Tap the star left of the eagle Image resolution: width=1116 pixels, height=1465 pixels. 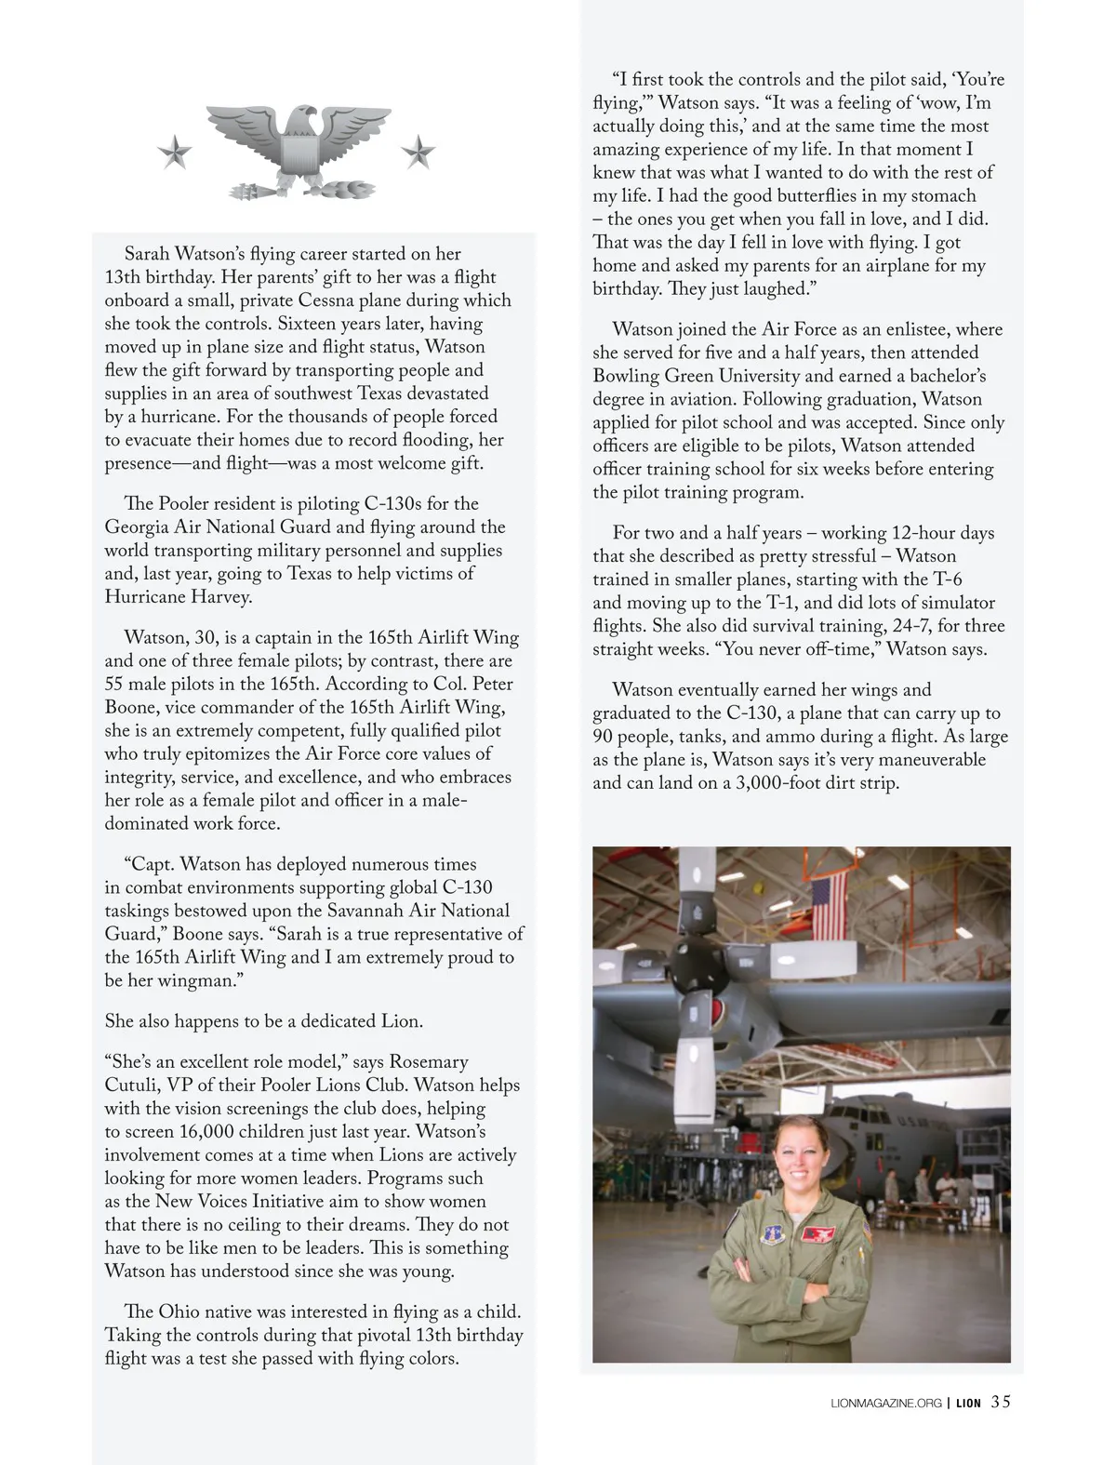click(174, 151)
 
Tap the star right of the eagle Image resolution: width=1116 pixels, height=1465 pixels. click(418, 151)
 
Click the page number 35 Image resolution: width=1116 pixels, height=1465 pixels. click(1000, 1402)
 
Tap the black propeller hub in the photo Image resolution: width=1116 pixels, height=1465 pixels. click(710, 983)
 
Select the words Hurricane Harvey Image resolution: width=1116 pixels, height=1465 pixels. click(178, 597)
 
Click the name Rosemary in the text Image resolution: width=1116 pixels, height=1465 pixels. click(429, 1062)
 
